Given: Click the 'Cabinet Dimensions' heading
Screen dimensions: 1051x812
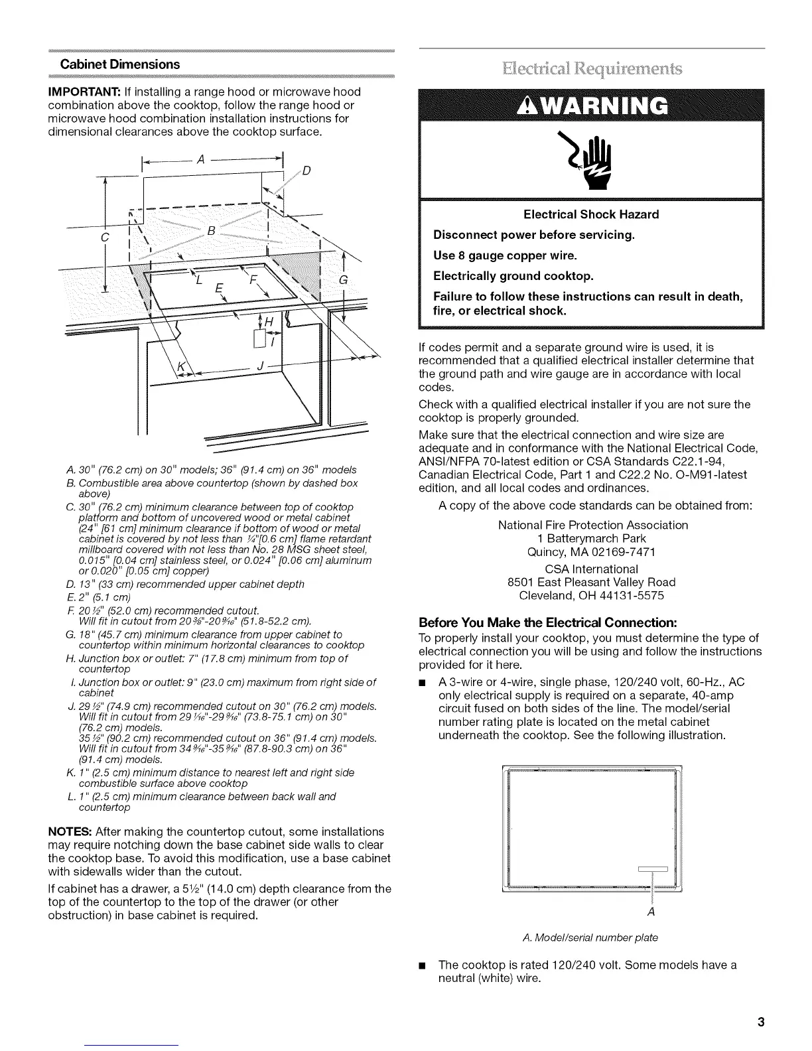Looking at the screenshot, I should coord(120,64).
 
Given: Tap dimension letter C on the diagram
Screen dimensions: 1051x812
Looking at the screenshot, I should coord(104,238).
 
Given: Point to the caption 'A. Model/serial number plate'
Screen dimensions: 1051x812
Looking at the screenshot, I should coord(590,938).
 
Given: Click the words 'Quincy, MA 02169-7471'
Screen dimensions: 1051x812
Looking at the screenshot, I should coord(592,552).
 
